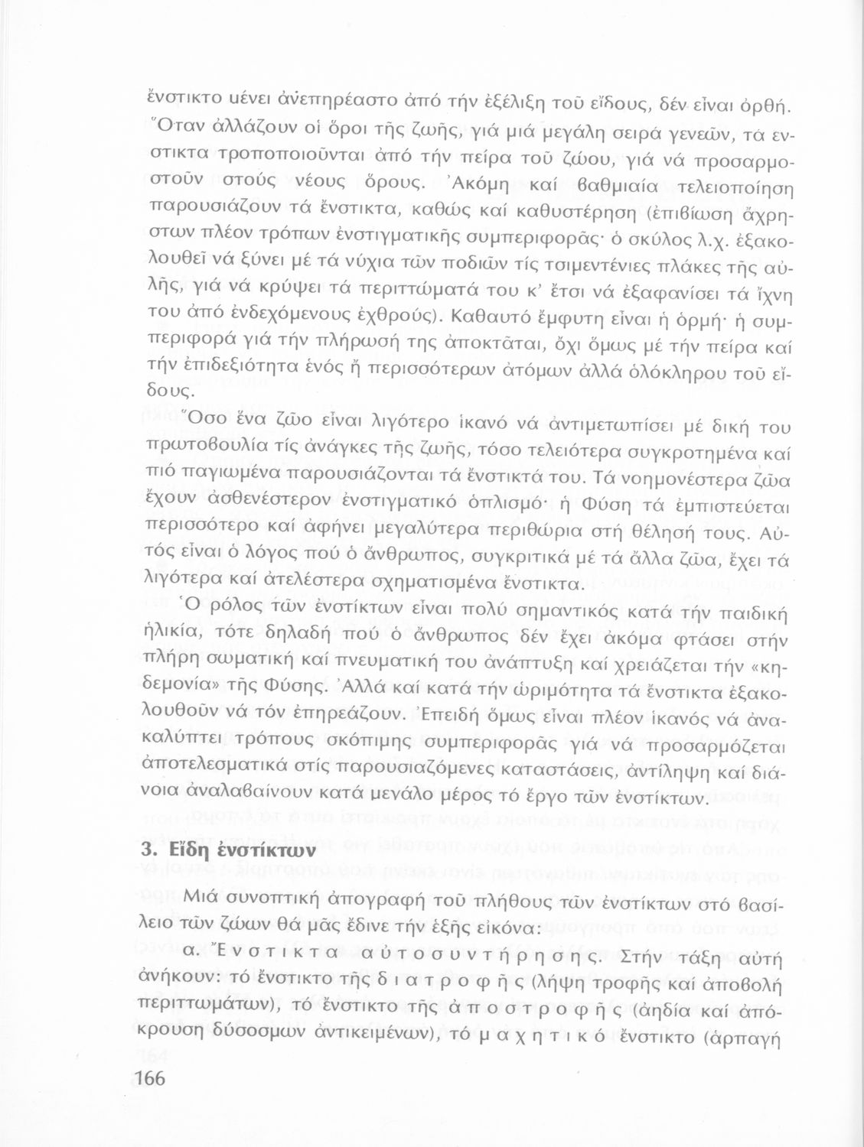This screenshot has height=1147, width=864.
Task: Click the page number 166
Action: pos(150,1078)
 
